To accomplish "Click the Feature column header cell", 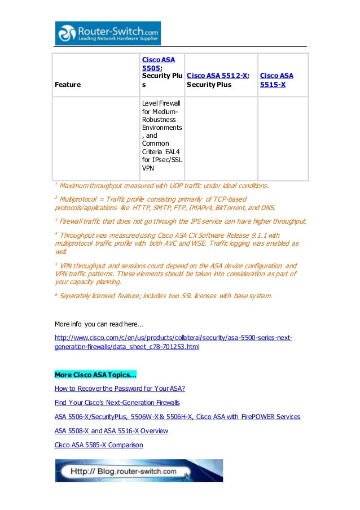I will (x=67, y=84).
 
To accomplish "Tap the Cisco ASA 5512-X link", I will (x=217, y=76).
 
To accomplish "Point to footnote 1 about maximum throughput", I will (x=164, y=185).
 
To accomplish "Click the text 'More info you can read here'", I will (x=99, y=324).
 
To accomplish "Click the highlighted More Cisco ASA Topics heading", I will (x=95, y=374).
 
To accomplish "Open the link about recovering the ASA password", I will (x=120, y=389).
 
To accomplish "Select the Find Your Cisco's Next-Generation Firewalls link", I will (x=117, y=403).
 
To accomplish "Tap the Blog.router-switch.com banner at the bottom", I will (x=139, y=470).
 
